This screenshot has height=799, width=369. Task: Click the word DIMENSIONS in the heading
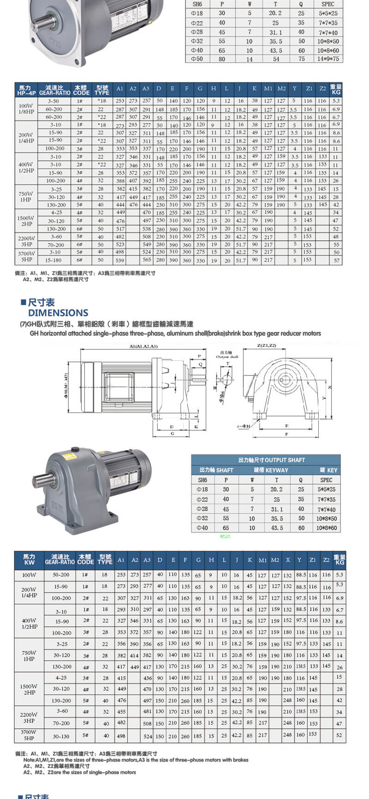click(58, 313)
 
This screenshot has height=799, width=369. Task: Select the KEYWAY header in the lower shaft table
click(271, 470)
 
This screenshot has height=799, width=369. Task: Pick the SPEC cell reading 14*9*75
click(328, 59)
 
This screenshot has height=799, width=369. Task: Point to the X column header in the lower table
click(288, 560)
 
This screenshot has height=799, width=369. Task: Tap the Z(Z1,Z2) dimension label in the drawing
click(266, 346)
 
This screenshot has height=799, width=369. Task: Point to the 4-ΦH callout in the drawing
click(244, 426)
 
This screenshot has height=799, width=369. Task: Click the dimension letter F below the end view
click(287, 435)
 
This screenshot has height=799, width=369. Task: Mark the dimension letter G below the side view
click(173, 434)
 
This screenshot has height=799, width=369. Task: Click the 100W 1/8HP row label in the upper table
click(26, 109)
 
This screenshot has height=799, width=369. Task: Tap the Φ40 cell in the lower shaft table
click(202, 528)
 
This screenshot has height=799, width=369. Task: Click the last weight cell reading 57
click(336, 260)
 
